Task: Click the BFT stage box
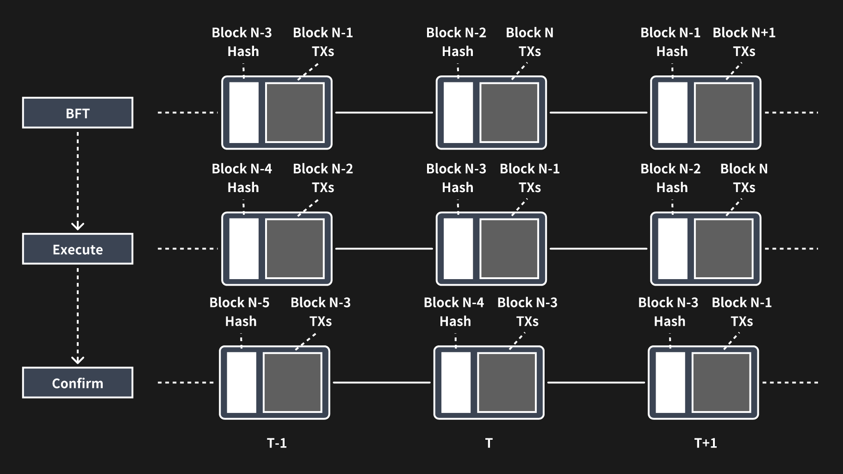tap(78, 112)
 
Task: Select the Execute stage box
tap(78, 249)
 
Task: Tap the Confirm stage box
tap(78, 383)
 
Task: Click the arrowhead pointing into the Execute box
tap(78, 226)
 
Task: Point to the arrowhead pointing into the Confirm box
tap(78, 360)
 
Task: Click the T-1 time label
tap(277, 443)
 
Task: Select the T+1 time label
tap(706, 443)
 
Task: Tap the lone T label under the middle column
tap(489, 443)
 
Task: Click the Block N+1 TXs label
tap(744, 42)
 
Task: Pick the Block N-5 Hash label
tap(240, 312)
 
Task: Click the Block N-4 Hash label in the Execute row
tap(242, 178)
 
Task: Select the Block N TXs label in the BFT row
tap(529, 42)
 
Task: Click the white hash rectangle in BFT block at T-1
tap(244, 112)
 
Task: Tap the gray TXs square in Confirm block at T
tap(507, 382)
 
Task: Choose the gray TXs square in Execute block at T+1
tap(724, 249)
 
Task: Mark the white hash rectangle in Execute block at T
tap(458, 249)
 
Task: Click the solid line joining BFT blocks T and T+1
tap(598, 112)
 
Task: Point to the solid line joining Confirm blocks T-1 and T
tap(382, 383)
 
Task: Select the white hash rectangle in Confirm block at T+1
tap(670, 382)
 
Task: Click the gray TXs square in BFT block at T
tap(509, 112)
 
